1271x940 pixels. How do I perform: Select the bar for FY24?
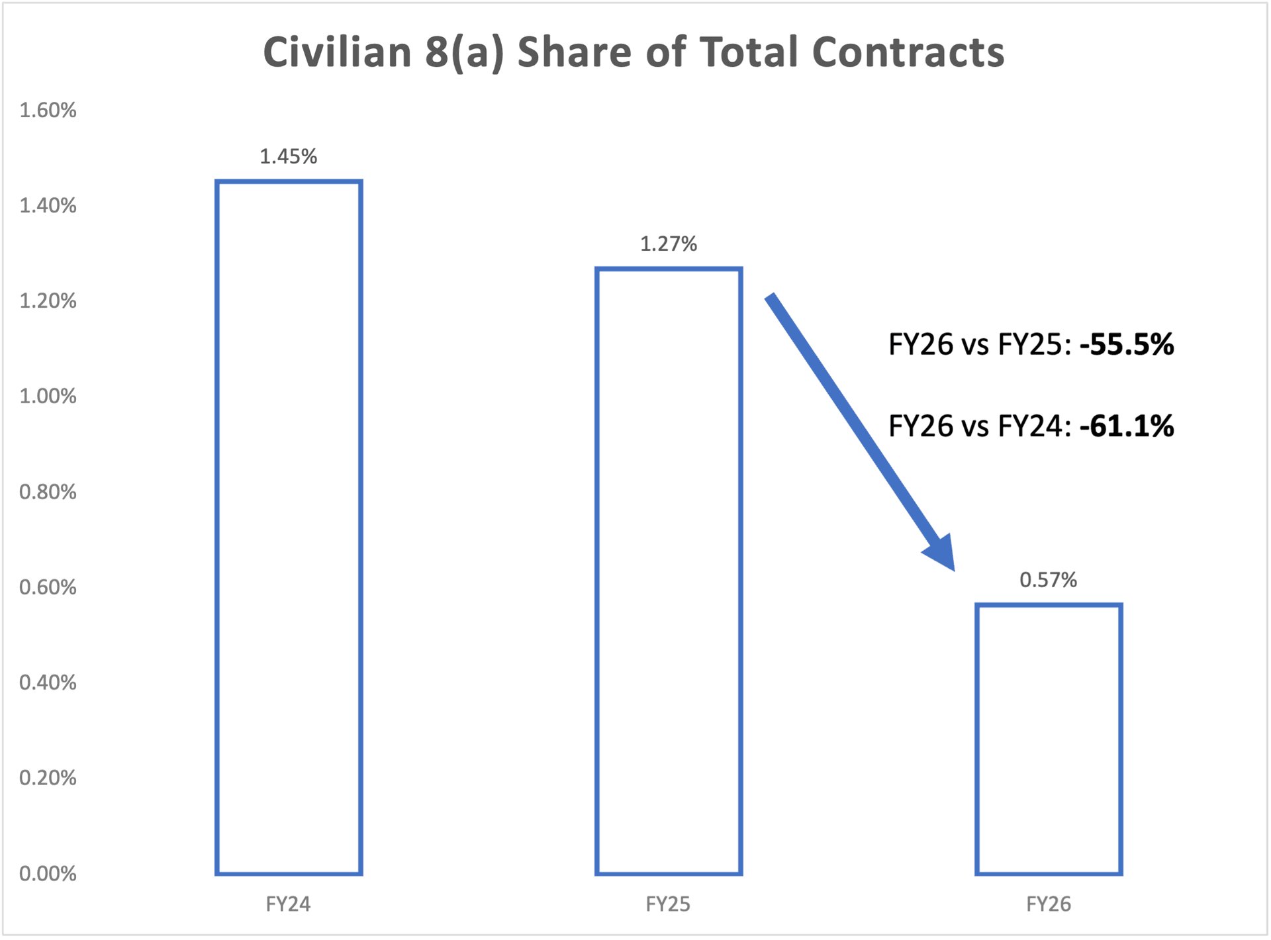289,527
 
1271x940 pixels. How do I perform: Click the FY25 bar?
669,571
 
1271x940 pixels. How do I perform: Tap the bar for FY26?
1049,739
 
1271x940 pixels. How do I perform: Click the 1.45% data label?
289,157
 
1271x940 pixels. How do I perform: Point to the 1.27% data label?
669,244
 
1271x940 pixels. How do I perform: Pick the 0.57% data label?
1049,580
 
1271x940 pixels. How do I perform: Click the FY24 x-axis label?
289,904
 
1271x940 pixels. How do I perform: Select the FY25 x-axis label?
669,904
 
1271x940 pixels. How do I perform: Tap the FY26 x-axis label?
1049,904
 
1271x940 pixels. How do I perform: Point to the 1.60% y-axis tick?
48,110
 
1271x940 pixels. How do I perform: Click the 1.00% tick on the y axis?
48,397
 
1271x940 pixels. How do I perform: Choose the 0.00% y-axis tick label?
48,874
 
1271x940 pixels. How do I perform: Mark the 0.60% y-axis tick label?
48,587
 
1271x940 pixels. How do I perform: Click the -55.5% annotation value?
1127,345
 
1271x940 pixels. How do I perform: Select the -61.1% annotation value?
1127,426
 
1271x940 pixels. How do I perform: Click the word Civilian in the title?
338,52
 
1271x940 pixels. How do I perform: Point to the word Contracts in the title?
908,52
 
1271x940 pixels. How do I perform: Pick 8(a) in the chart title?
464,52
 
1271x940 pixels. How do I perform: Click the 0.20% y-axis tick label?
48,778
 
